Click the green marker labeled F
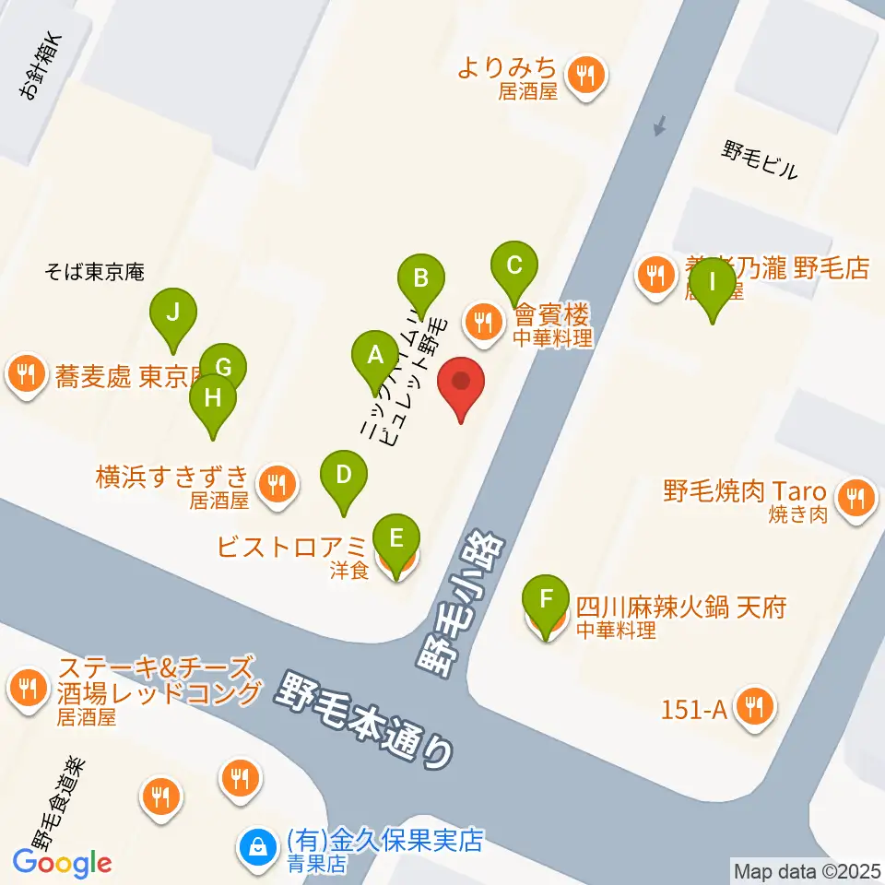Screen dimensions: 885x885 (x=547, y=604)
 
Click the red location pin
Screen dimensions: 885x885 (x=462, y=385)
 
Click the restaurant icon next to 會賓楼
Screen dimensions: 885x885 (x=482, y=323)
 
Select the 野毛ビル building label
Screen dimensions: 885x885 (x=761, y=159)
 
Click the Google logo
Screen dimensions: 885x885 (x=63, y=864)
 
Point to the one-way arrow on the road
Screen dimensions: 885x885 (x=658, y=125)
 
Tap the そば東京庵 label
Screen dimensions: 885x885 (x=95, y=272)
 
